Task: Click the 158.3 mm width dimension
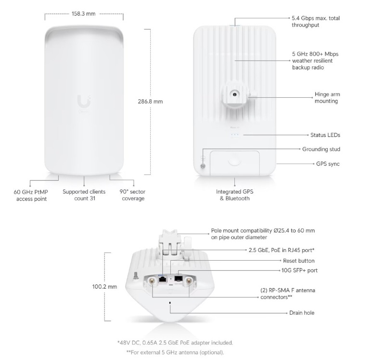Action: [x=84, y=14]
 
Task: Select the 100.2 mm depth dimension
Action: [x=104, y=286]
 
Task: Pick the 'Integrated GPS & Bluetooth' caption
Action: [x=234, y=195]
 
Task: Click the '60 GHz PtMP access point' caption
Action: [x=30, y=195]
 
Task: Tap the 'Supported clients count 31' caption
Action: [x=84, y=195]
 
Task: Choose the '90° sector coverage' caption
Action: [x=132, y=195]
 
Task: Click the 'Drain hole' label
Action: [x=302, y=313]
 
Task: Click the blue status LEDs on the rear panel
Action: [x=235, y=135]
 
